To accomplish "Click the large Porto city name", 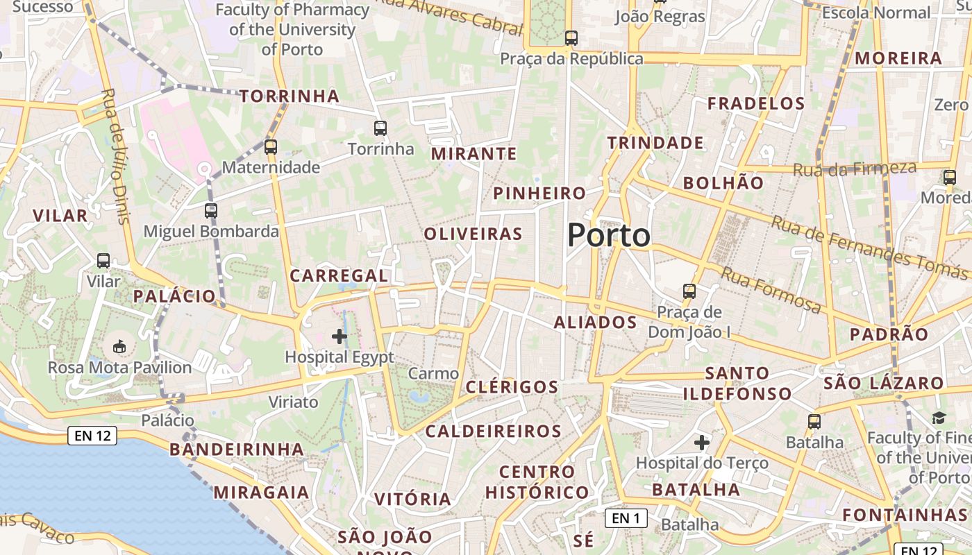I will click(609, 236).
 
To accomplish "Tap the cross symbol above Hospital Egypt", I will click(340, 336).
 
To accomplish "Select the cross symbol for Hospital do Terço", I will click(702, 442).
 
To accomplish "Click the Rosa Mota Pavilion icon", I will click(119, 345).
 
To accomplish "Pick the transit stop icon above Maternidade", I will click(271, 146).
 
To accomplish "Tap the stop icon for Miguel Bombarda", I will click(211, 210).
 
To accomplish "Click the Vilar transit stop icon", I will click(103, 261).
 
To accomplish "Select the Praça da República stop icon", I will click(571, 38).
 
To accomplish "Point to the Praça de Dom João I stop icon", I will click(689, 291).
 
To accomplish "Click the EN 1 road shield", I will click(626, 518).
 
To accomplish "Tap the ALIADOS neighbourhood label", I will click(595, 322).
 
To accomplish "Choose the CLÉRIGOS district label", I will click(512, 387).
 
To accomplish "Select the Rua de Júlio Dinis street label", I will click(116, 155).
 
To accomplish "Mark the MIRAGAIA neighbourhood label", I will click(261, 493).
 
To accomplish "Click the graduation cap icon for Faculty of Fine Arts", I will click(939, 417).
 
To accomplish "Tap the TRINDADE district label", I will click(655, 143).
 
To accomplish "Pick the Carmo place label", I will click(433, 373).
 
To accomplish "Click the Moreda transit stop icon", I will click(950, 177).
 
